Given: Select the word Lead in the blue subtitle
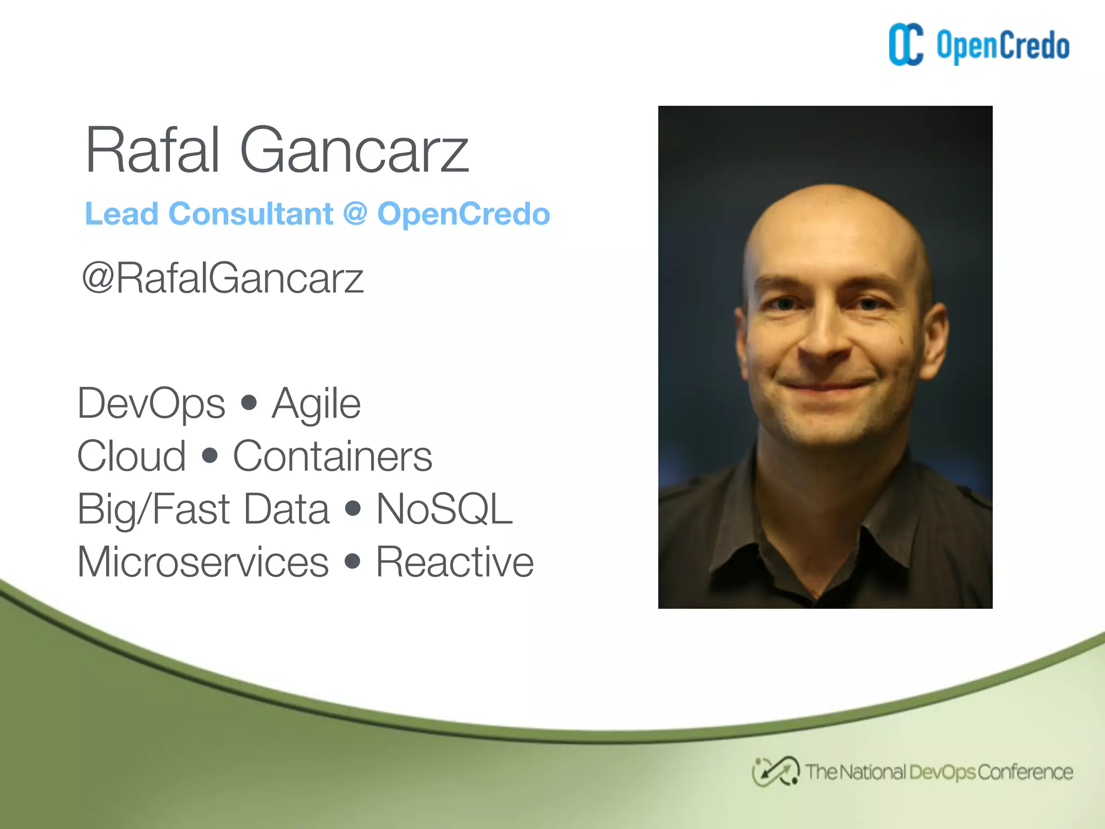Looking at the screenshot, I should [x=121, y=214].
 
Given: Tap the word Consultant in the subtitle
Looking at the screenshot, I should [x=251, y=214].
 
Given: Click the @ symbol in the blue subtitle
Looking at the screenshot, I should [x=355, y=214].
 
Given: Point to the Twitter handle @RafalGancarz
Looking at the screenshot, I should [x=222, y=278].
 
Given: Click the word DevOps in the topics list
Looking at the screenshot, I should [x=151, y=403].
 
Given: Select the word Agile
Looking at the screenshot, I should [x=316, y=403].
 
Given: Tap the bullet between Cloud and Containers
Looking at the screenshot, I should [x=209, y=456].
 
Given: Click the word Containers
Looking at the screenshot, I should [x=332, y=456].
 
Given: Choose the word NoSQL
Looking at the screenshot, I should [x=444, y=509].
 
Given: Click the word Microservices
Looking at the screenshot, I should [x=203, y=562].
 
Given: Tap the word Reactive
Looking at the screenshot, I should [x=454, y=562].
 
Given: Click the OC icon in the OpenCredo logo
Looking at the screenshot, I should [x=906, y=45].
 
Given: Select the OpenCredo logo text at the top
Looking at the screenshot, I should [x=1002, y=46].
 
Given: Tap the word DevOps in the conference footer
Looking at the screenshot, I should [x=942, y=772].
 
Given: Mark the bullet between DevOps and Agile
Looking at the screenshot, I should [x=249, y=403].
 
